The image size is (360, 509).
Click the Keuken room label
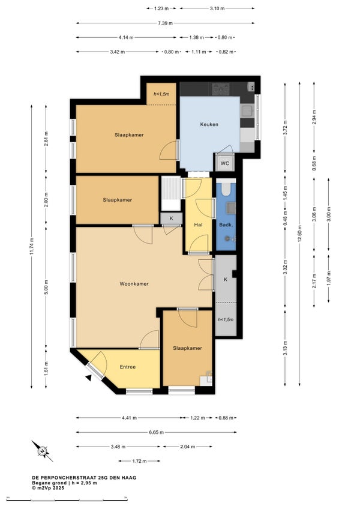209,124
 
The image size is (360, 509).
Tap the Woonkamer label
134,284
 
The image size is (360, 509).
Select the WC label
225,163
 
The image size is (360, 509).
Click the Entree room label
128,367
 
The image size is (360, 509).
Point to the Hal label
199,224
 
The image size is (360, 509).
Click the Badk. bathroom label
226,224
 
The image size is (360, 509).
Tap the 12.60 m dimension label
299,233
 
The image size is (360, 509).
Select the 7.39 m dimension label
165,23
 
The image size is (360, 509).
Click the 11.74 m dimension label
31,247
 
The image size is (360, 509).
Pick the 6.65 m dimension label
156,432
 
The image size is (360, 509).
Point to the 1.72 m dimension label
139,461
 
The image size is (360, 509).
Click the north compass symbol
42,451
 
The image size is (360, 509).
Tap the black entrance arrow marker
88,378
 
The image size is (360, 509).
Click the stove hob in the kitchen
220,89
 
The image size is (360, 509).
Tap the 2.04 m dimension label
188,447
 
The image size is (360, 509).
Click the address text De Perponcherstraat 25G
84,478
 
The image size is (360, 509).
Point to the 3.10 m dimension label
217,8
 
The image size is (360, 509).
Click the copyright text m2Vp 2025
48,488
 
